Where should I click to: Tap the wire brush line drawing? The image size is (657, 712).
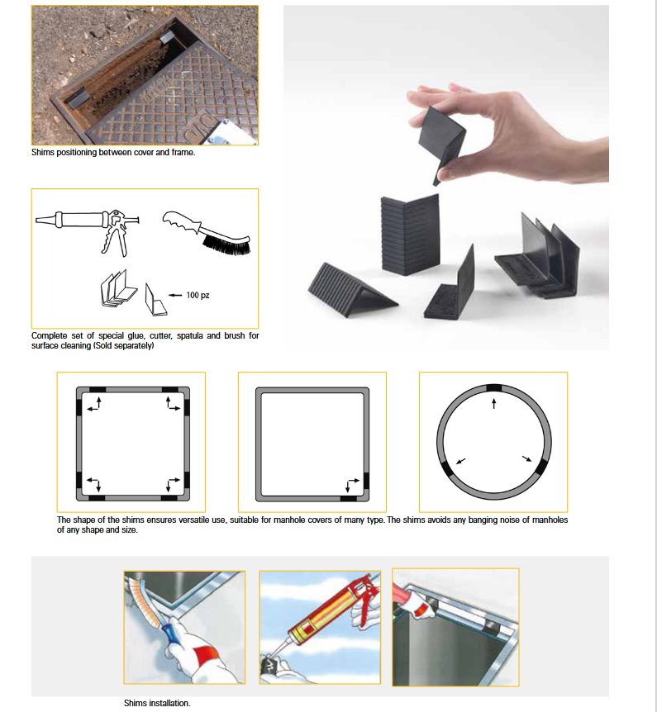207,232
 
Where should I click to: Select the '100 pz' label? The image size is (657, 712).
198,295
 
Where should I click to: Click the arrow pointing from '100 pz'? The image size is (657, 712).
175,295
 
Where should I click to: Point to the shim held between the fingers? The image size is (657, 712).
440,140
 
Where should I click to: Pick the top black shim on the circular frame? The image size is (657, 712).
494,387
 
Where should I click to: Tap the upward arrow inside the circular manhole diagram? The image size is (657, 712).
494,403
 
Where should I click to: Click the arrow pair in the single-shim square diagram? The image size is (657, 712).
352,485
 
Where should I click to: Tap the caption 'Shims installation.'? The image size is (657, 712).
157,703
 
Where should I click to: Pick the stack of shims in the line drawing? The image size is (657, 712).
118,289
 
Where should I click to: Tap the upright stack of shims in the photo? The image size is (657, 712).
410,235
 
